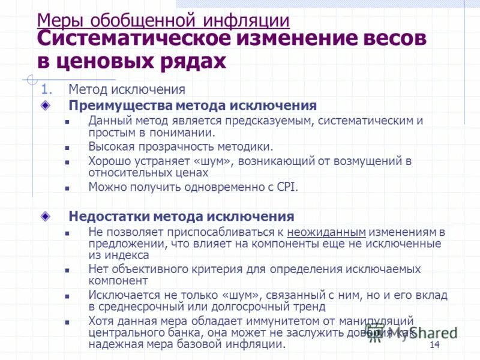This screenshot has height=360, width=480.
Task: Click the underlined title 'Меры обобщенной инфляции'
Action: tap(163, 20)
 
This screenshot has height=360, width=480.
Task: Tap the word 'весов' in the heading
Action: tap(392, 40)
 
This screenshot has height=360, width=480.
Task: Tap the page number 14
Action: tap(435, 344)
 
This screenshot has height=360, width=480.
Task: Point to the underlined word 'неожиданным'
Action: tap(326, 232)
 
